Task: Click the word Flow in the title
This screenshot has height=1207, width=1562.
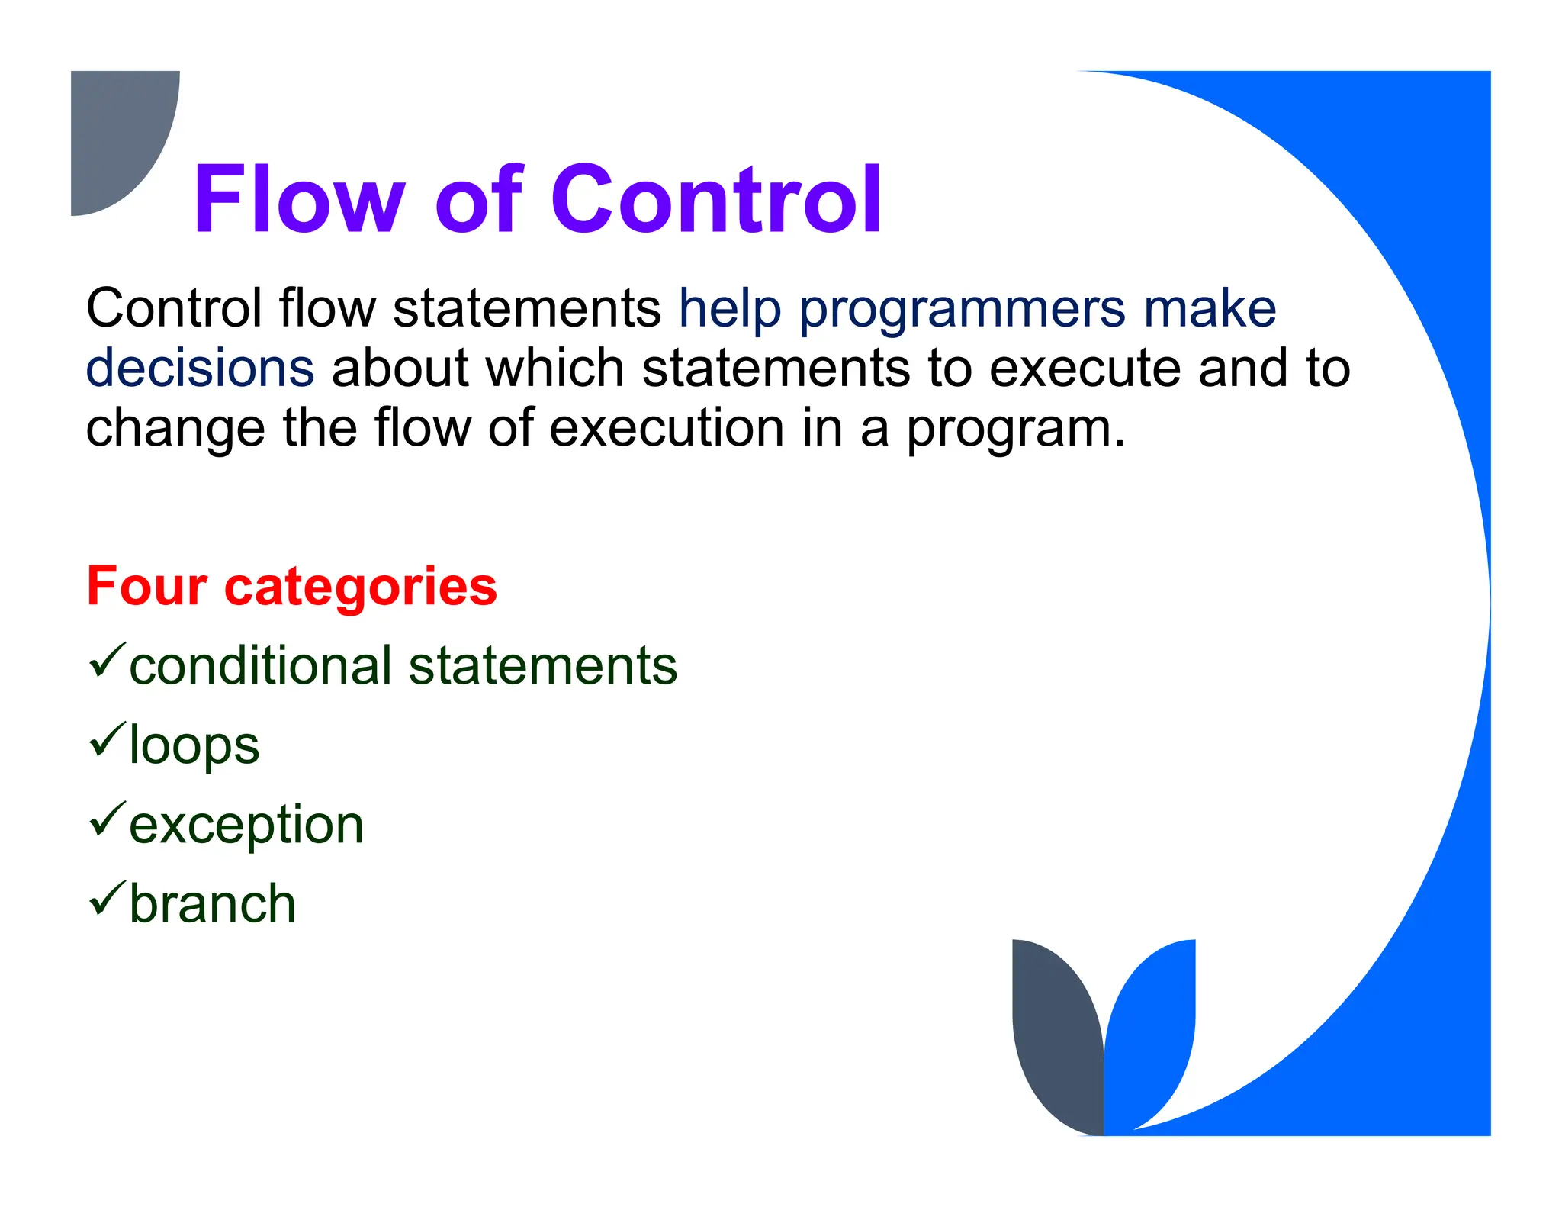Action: pos(298,199)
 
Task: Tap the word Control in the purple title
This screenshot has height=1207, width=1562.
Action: pos(716,199)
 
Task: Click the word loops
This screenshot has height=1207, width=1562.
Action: pos(194,745)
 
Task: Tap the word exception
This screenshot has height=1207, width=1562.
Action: pos(246,826)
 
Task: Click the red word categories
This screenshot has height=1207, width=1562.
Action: pos(360,587)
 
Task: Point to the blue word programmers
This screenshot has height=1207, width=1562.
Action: pos(962,310)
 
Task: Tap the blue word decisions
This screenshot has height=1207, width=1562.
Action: pos(200,368)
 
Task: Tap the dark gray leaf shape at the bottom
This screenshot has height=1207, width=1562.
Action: pos(1055,1038)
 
